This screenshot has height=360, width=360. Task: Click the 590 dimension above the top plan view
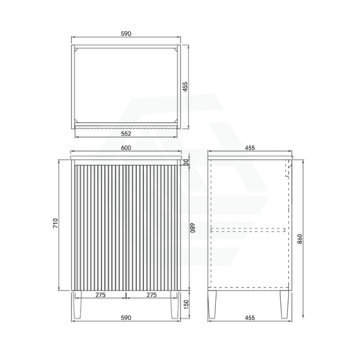point(126,34)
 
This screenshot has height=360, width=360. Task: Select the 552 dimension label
point(126,134)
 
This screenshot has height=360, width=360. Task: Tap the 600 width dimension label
point(126,148)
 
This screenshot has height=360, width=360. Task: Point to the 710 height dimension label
point(56,223)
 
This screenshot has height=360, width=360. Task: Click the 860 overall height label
point(300,239)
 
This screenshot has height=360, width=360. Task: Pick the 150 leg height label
point(186,304)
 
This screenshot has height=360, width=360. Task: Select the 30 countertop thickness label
point(186,162)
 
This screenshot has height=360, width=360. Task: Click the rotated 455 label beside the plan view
point(185,87)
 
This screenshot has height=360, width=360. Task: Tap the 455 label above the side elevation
point(250,148)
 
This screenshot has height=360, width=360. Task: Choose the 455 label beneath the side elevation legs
point(250,318)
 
